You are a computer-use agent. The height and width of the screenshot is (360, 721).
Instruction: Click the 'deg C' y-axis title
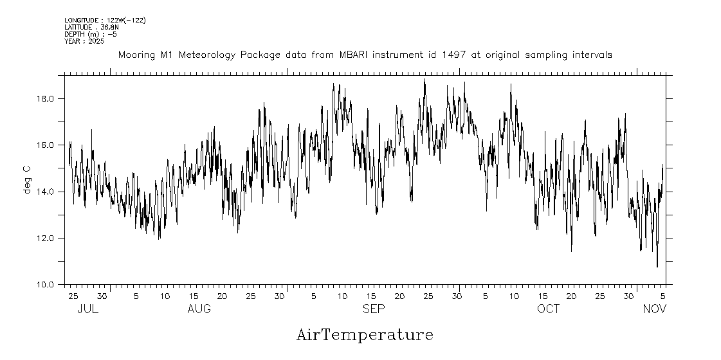pyautogui.click(x=27, y=179)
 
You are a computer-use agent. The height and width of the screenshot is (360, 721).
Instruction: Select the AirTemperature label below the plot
pyautogui.click(x=365, y=335)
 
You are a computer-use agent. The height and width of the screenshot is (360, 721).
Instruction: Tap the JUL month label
pyautogui.click(x=87, y=309)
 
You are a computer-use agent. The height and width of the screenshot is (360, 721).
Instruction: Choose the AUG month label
pyautogui.click(x=199, y=309)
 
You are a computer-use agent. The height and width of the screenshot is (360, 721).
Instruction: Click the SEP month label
pyautogui.click(x=374, y=309)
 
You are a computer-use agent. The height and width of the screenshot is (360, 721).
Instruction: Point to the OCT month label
pyautogui.click(x=549, y=309)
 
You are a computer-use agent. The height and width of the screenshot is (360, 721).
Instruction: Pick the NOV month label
pyautogui.click(x=655, y=309)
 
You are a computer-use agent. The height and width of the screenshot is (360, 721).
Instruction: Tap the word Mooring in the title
pyautogui.click(x=136, y=55)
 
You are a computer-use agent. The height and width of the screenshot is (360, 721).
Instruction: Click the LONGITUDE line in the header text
pyautogui.click(x=105, y=21)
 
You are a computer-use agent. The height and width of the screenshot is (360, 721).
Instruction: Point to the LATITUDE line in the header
pyautogui.click(x=90, y=27)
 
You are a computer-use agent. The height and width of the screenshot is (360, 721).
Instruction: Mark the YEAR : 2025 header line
pyautogui.click(x=85, y=41)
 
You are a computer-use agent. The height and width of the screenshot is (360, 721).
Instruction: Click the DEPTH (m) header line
pyautogui.click(x=90, y=34)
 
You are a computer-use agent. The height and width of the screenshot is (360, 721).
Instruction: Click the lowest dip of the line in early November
pyautogui.click(x=657, y=266)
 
